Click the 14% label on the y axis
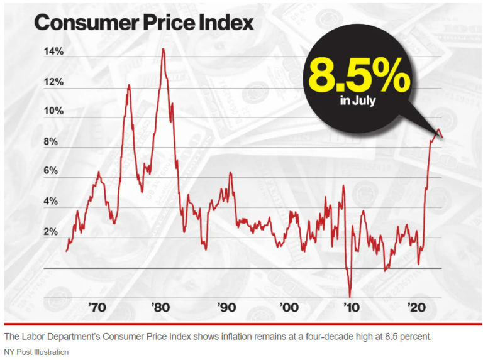pos(53,52)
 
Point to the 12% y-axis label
pos(53,82)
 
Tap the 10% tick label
pos(53,112)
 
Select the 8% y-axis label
pos(50,142)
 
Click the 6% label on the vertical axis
pos(50,171)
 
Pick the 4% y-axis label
pos(50,202)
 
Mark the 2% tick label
pos(50,232)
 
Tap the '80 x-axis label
pos(160,308)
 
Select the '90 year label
pos(226,308)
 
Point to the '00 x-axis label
pos(289,308)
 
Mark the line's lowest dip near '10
pos(350,296)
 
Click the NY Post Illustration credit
pos(37,352)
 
